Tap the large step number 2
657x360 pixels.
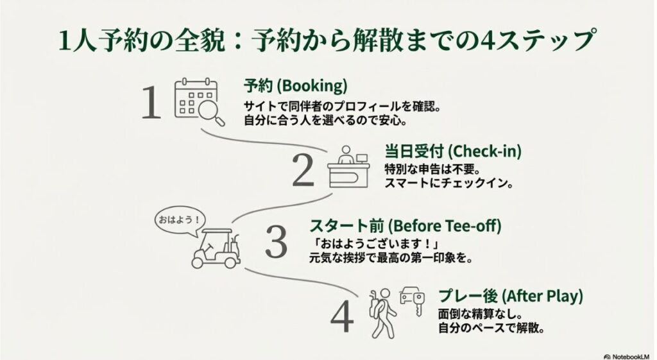303,170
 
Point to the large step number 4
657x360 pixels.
341,316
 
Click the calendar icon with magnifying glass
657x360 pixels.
199,103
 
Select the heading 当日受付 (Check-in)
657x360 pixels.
452,152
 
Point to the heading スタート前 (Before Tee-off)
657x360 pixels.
405,227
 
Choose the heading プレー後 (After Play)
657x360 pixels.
510,296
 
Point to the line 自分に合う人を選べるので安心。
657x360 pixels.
325,119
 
